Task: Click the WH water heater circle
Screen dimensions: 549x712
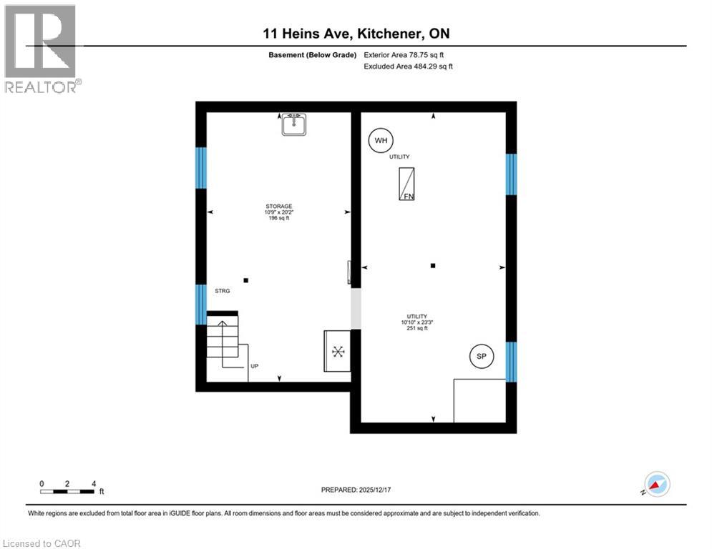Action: (x=381, y=141)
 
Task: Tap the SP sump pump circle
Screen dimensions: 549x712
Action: (x=482, y=356)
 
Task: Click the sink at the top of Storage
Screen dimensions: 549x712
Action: (x=293, y=125)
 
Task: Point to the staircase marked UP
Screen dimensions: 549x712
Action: (x=223, y=340)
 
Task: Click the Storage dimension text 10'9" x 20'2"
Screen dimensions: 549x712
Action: (x=279, y=212)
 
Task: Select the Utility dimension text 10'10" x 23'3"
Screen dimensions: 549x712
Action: (x=416, y=322)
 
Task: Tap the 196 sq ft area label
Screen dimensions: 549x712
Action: (x=279, y=219)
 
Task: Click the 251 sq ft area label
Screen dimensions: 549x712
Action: (x=416, y=329)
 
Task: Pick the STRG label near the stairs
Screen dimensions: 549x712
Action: (x=222, y=291)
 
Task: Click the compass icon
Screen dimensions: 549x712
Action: (x=656, y=484)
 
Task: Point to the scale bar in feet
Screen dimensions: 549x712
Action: (x=68, y=490)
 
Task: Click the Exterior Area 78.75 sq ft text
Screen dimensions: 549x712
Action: (x=409, y=54)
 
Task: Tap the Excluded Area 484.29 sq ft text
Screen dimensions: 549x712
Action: (x=409, y=66)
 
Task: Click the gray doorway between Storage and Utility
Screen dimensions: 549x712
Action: (x=356, y=309)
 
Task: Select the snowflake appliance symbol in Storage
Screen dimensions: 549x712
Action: (x=338, y=352)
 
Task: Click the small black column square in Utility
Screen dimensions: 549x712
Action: (x=433, y=266)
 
